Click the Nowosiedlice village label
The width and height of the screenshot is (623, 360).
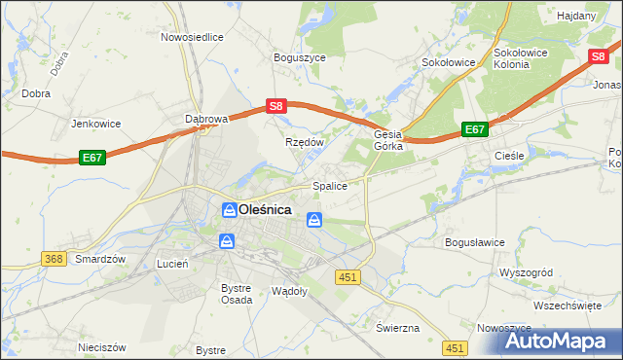pos(192,37)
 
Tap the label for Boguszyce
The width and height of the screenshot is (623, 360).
pos(299,57)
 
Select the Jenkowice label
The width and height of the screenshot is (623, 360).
pos(95,125)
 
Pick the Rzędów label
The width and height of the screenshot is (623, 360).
pos(304,141)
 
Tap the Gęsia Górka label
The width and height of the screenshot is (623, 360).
pos(389,142)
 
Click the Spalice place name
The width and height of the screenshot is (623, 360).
pos(329,186)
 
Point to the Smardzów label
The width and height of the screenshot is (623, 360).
pos(101,260)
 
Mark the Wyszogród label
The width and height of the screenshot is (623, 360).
pos(525,272)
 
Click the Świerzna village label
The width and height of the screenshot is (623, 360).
pos(397,327)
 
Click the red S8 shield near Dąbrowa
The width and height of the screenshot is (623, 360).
pos(276,106)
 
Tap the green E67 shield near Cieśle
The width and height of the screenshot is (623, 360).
pos(474,129)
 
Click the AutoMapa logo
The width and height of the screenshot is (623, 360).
pos(550,341)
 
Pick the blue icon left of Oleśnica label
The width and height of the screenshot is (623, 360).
pos(228,209)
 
